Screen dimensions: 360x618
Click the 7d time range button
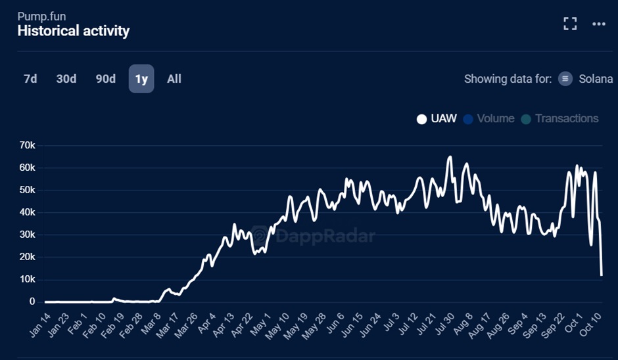[x=30, y=79]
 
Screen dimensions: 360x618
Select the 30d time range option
[x=66, y=79]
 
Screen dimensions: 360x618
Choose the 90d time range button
[x=106, y=79]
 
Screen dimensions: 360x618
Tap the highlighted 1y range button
[x=141, y=79]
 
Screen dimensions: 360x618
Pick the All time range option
[x=174, y=79]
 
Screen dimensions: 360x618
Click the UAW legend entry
[x=437, y=119]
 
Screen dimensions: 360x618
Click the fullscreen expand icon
[x=570, y=24]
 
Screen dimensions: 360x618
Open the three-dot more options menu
[x=598, y=24]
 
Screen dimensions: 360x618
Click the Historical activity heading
[x=73, y=31]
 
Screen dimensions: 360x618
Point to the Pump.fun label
[x=41, y=16]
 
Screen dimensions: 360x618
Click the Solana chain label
[x=596, y=79]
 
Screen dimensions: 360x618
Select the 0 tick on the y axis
[x=31, y=302]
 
